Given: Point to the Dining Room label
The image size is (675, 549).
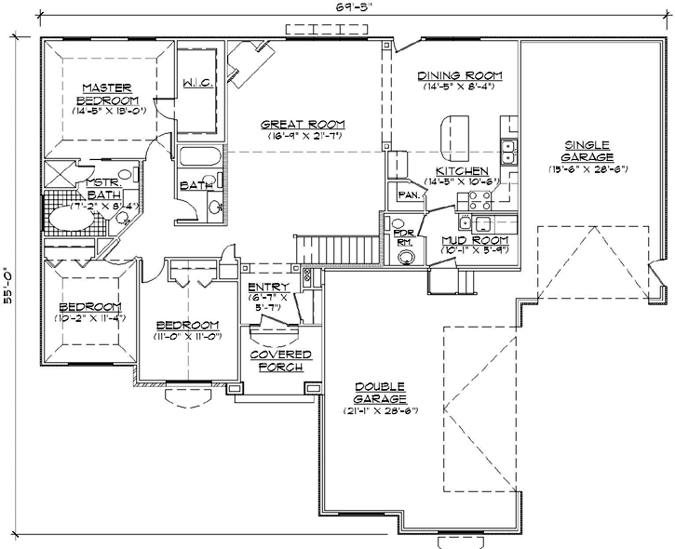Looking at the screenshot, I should (460, 75).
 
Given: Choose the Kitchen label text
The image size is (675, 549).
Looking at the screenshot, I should (456, 171).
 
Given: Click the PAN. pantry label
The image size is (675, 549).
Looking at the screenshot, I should (407, 195).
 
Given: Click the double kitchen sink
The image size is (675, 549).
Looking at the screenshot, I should (509, 145).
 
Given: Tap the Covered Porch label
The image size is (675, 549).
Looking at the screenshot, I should (277, 361).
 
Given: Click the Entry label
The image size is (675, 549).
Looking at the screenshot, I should (267, 287).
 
